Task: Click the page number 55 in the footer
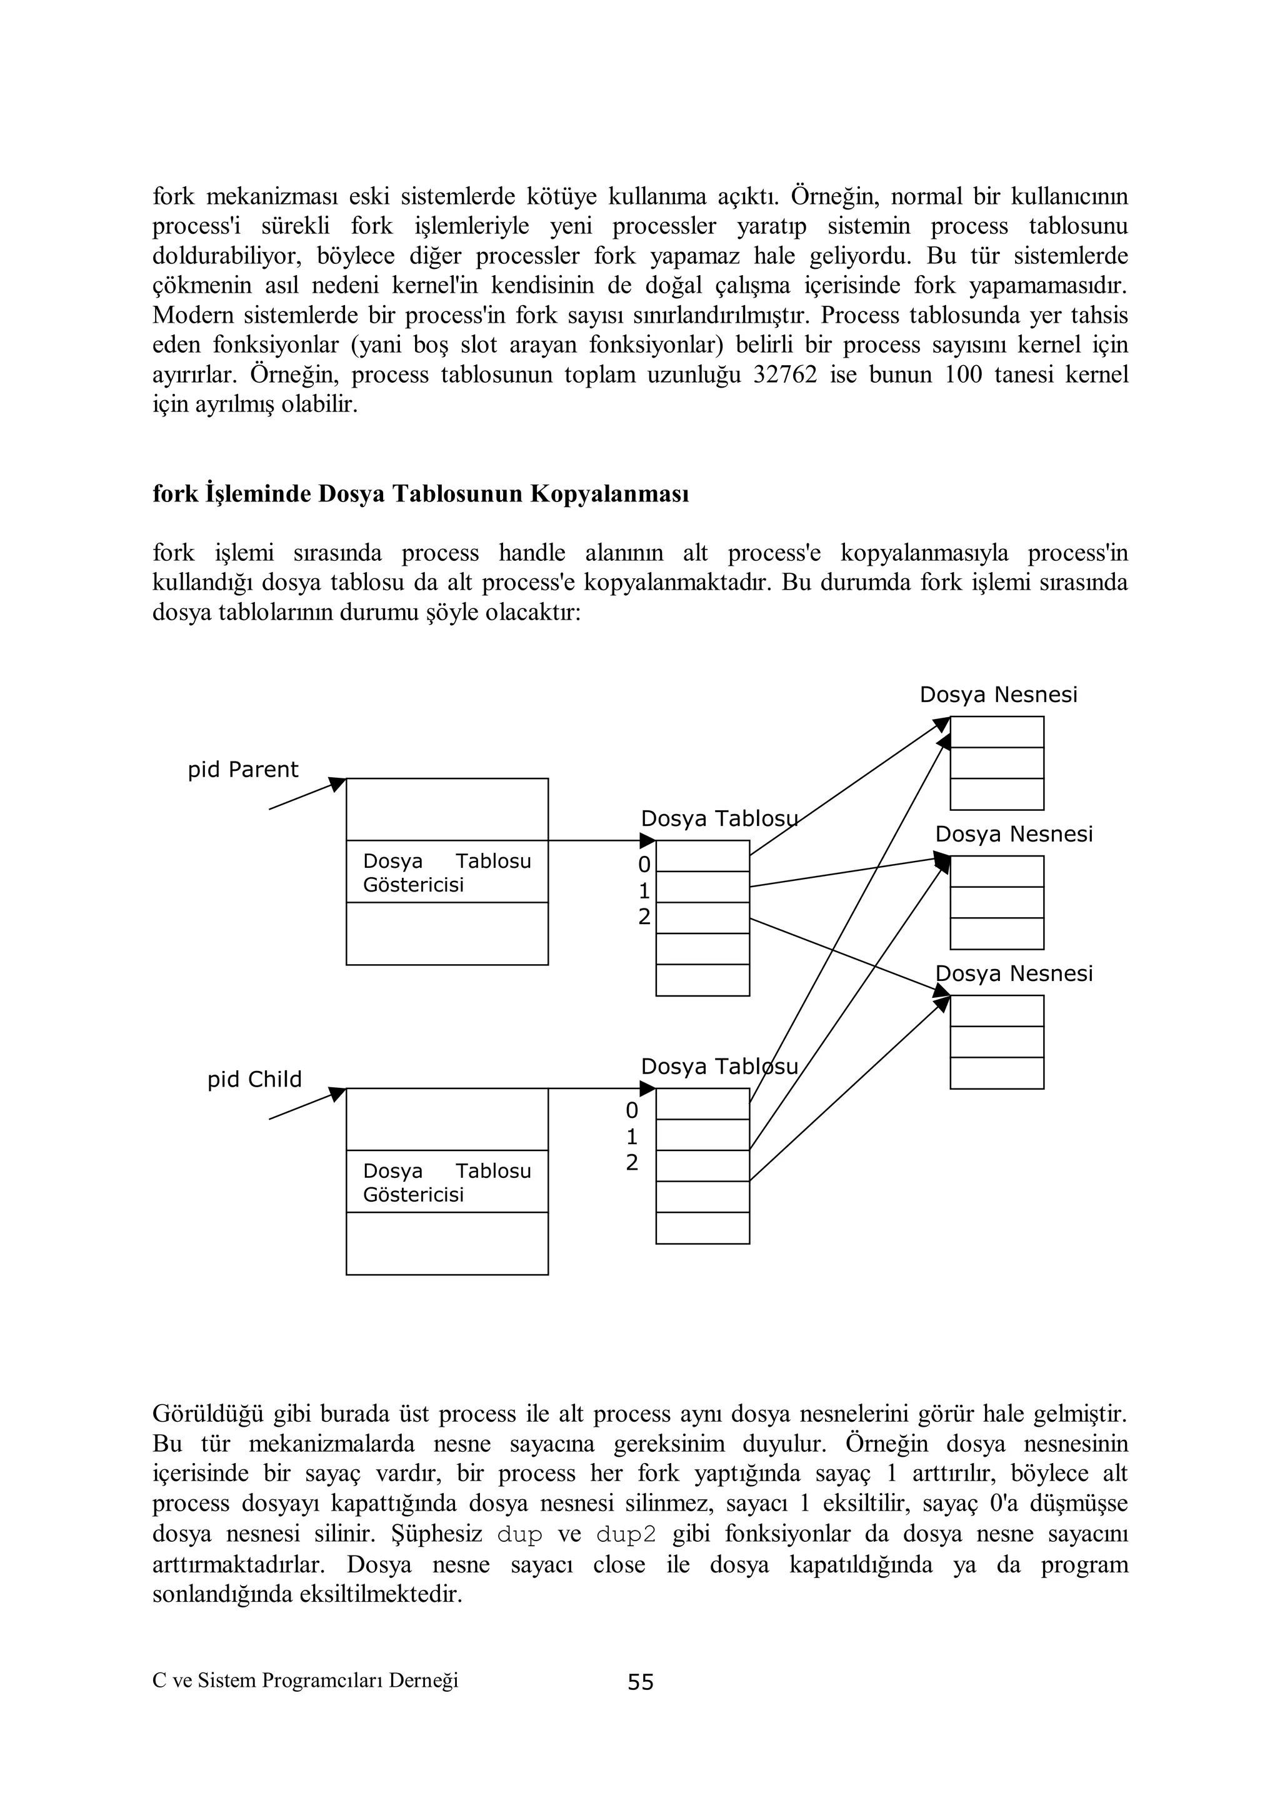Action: pyautogui.click(x=640, y=1682)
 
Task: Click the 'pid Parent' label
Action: pyautogui.click(x=242, y=770)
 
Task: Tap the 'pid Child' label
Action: pyautogui.click(x=254, y=1079)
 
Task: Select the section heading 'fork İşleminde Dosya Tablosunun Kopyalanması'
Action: pyautogui.click(x=420, y=495)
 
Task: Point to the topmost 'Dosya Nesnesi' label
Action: pyautogui.click(x=998, y=695)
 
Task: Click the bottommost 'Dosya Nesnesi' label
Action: pyautogui.click(x=1014, y=973)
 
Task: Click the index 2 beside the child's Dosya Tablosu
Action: pyautogui.click(x=632, y=1163)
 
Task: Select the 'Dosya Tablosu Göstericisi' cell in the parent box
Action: pyautogui.click(x=447, y=872)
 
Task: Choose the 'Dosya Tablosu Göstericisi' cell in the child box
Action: pyautogui.click(x=447, y=1182)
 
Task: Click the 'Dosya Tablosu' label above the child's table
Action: pyautogui.click(x=719, y=1067)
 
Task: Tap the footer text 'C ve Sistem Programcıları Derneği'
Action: pyautogui.click(x=305, y=1681)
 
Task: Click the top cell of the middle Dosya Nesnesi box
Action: pyautogui.click(x=997, y=871)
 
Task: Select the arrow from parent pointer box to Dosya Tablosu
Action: pyautogui.click(x=599, y=840)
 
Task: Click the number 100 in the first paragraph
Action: pyautogui.click(x=963, y=375)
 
